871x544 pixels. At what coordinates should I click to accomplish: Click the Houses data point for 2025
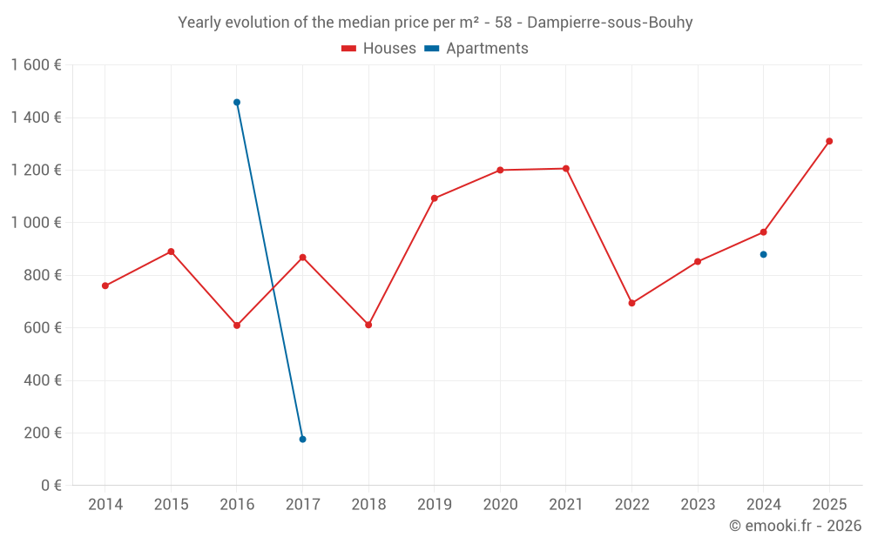829,141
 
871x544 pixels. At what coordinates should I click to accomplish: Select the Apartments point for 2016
237,103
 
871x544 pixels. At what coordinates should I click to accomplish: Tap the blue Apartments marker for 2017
302,439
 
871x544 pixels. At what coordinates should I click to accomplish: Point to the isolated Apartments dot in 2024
763,254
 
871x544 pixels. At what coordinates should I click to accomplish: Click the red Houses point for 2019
435,198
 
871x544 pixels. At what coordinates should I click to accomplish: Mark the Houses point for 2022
631,303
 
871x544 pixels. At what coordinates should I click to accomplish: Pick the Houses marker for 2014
105,285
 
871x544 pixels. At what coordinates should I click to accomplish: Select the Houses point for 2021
566,169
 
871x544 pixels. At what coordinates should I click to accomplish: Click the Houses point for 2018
368,325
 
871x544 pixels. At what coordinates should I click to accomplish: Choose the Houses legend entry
379,49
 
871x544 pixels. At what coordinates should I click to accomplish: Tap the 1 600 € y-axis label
36,65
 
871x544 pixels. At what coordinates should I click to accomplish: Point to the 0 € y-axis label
51,485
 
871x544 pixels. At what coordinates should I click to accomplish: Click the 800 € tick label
41,275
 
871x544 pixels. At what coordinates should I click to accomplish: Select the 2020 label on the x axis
500,505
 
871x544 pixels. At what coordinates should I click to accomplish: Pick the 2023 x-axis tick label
698,505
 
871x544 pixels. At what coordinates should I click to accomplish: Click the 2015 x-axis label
171,505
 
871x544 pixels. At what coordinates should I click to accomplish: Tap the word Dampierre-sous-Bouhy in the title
610,23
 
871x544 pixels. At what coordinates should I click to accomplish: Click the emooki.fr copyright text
794,526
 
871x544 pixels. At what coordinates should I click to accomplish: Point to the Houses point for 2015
171,252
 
